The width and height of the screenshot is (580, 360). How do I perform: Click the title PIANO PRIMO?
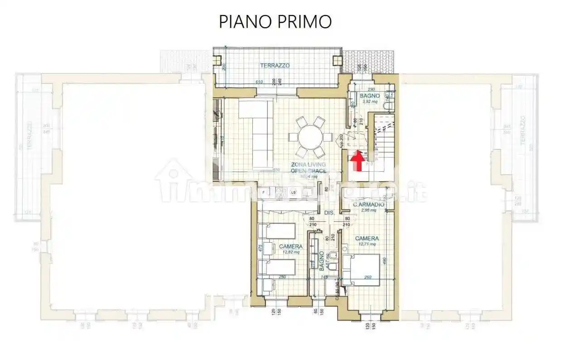(275, 21)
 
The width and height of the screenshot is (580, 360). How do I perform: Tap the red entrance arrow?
(358, 161)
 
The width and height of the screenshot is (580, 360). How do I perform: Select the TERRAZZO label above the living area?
(275, 66)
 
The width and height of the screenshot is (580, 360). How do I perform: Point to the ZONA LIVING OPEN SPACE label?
(308, 168)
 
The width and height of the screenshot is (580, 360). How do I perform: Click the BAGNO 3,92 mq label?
(370, 98)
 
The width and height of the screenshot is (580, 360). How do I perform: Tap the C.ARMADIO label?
(369, 205)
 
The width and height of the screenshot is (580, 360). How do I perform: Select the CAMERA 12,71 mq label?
(367, 240)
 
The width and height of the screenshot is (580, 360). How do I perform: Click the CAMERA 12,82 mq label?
(290, 249)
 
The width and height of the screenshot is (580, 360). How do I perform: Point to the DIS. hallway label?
(329, 213)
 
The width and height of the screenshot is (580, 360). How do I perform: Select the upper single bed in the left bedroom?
(277, 231)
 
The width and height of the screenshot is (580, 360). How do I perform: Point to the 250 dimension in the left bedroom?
(281, 278)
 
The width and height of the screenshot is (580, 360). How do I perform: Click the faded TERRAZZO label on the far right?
(524, 131)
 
